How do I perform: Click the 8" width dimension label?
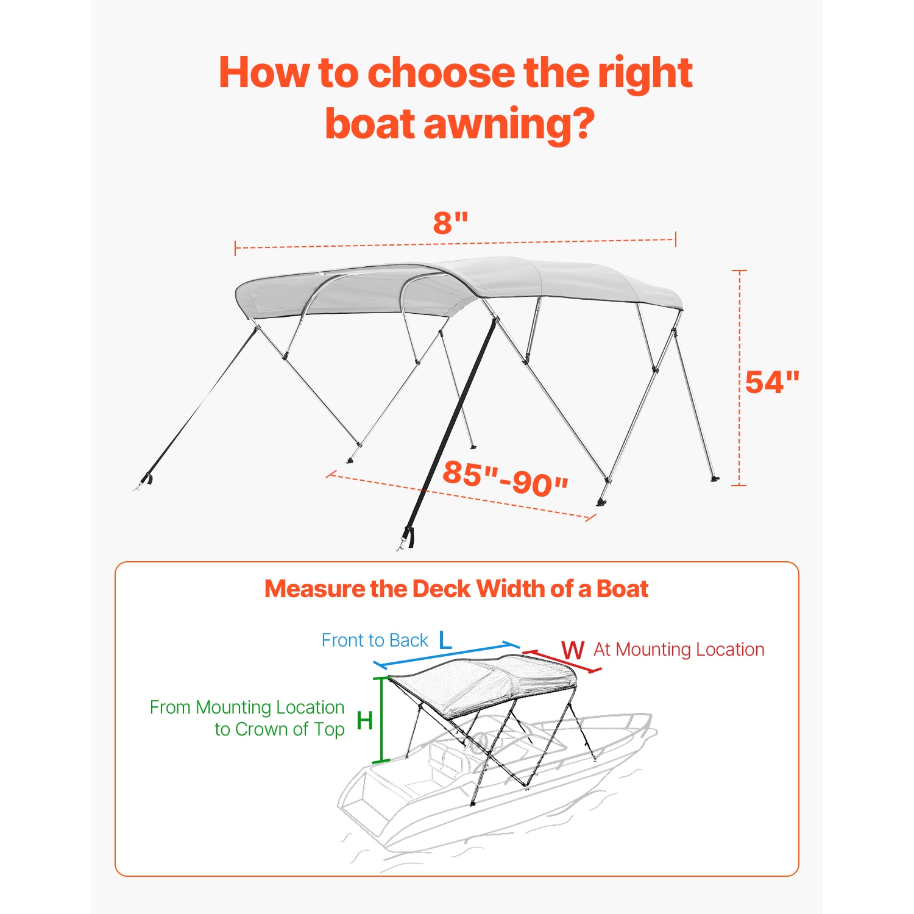(x=450, y=223)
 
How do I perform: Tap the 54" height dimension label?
(x=771, y=383)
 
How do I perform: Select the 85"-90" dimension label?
(x=505, y=478)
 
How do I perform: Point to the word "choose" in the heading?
(x=444, y=73)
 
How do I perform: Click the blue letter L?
(x=445, y=640)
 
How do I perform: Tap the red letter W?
(x=573, y=650)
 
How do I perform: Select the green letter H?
(x=364, y=721)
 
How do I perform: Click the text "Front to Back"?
(x=375, y=640)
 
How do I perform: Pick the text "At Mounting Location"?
(x=679, y=650)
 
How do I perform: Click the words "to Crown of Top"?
(x=280, y=729)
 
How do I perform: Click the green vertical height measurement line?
(x=382, y=719)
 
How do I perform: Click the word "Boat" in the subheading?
(x=622, y=589)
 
